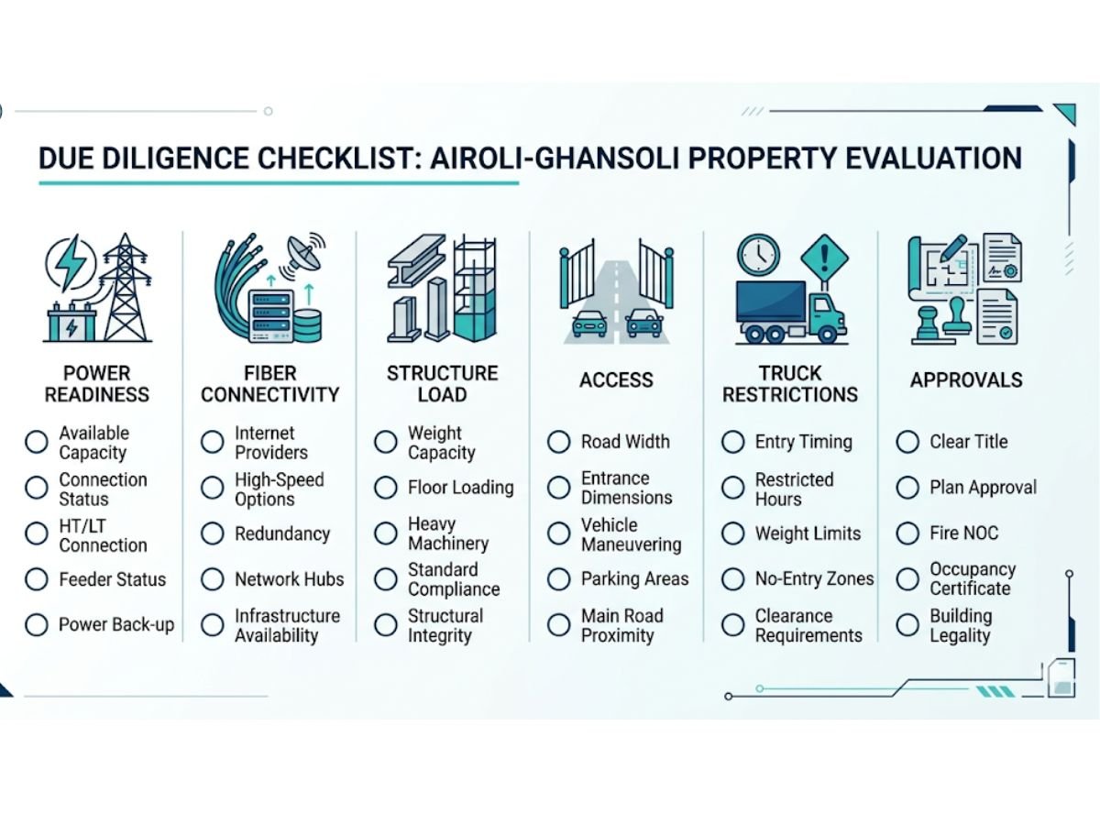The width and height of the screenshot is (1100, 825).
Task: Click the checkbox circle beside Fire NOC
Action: [x=907, y=533]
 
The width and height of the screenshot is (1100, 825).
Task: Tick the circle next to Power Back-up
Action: [x=37, y=625]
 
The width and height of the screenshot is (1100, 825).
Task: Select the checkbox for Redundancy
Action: [x=212, y=533]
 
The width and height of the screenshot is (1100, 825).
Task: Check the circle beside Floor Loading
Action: [x=386, y=488]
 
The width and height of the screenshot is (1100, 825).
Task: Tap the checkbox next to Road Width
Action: [x=559, y=442]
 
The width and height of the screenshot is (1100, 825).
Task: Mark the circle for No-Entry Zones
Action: [x=732, y=579]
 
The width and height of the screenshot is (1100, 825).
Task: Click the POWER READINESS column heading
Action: [x=96, y=384]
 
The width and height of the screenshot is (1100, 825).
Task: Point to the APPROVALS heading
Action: [x=966, y=379]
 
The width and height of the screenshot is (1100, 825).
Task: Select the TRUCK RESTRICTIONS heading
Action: [x=789, y=384]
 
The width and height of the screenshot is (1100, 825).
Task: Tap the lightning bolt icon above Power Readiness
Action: [x=71, y=263]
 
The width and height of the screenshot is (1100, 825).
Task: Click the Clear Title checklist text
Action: [x=968, y=442]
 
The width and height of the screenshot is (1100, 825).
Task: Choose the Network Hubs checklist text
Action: [x=289, y=579]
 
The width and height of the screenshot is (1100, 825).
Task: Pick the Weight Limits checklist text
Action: [x=808, y=533]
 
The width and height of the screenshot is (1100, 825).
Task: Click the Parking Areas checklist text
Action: [x=634, y=579]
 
